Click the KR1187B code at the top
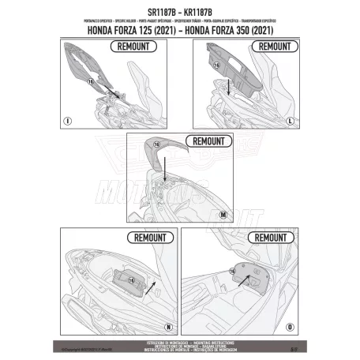203,9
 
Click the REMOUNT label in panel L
274,47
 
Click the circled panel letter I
68,121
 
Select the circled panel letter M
223,214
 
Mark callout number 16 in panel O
231,268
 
